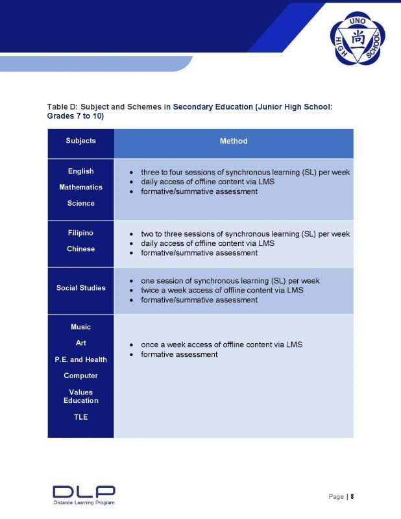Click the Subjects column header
(x=80, y=141)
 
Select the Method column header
(x=234, y=141)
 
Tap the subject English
(x=80, y=171)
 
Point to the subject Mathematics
(x=80, y=187)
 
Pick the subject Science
(x=80, y=204)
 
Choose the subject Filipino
(x=80, y=233)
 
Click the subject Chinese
(x=80, y=249)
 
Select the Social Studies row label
(x=80, y=288)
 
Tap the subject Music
(x=80, y=327)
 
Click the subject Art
(x=80, y=343)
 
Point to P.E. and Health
(x=80, y=359)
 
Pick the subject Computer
(x=80, y=376)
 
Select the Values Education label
(x=80, y=396)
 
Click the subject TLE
(x=80, y=417)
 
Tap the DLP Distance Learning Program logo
(x=84, y=494)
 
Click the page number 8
(x=352, y=497)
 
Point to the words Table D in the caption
(x=62, y=106)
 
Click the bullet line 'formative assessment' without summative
(x=179, y=354)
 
